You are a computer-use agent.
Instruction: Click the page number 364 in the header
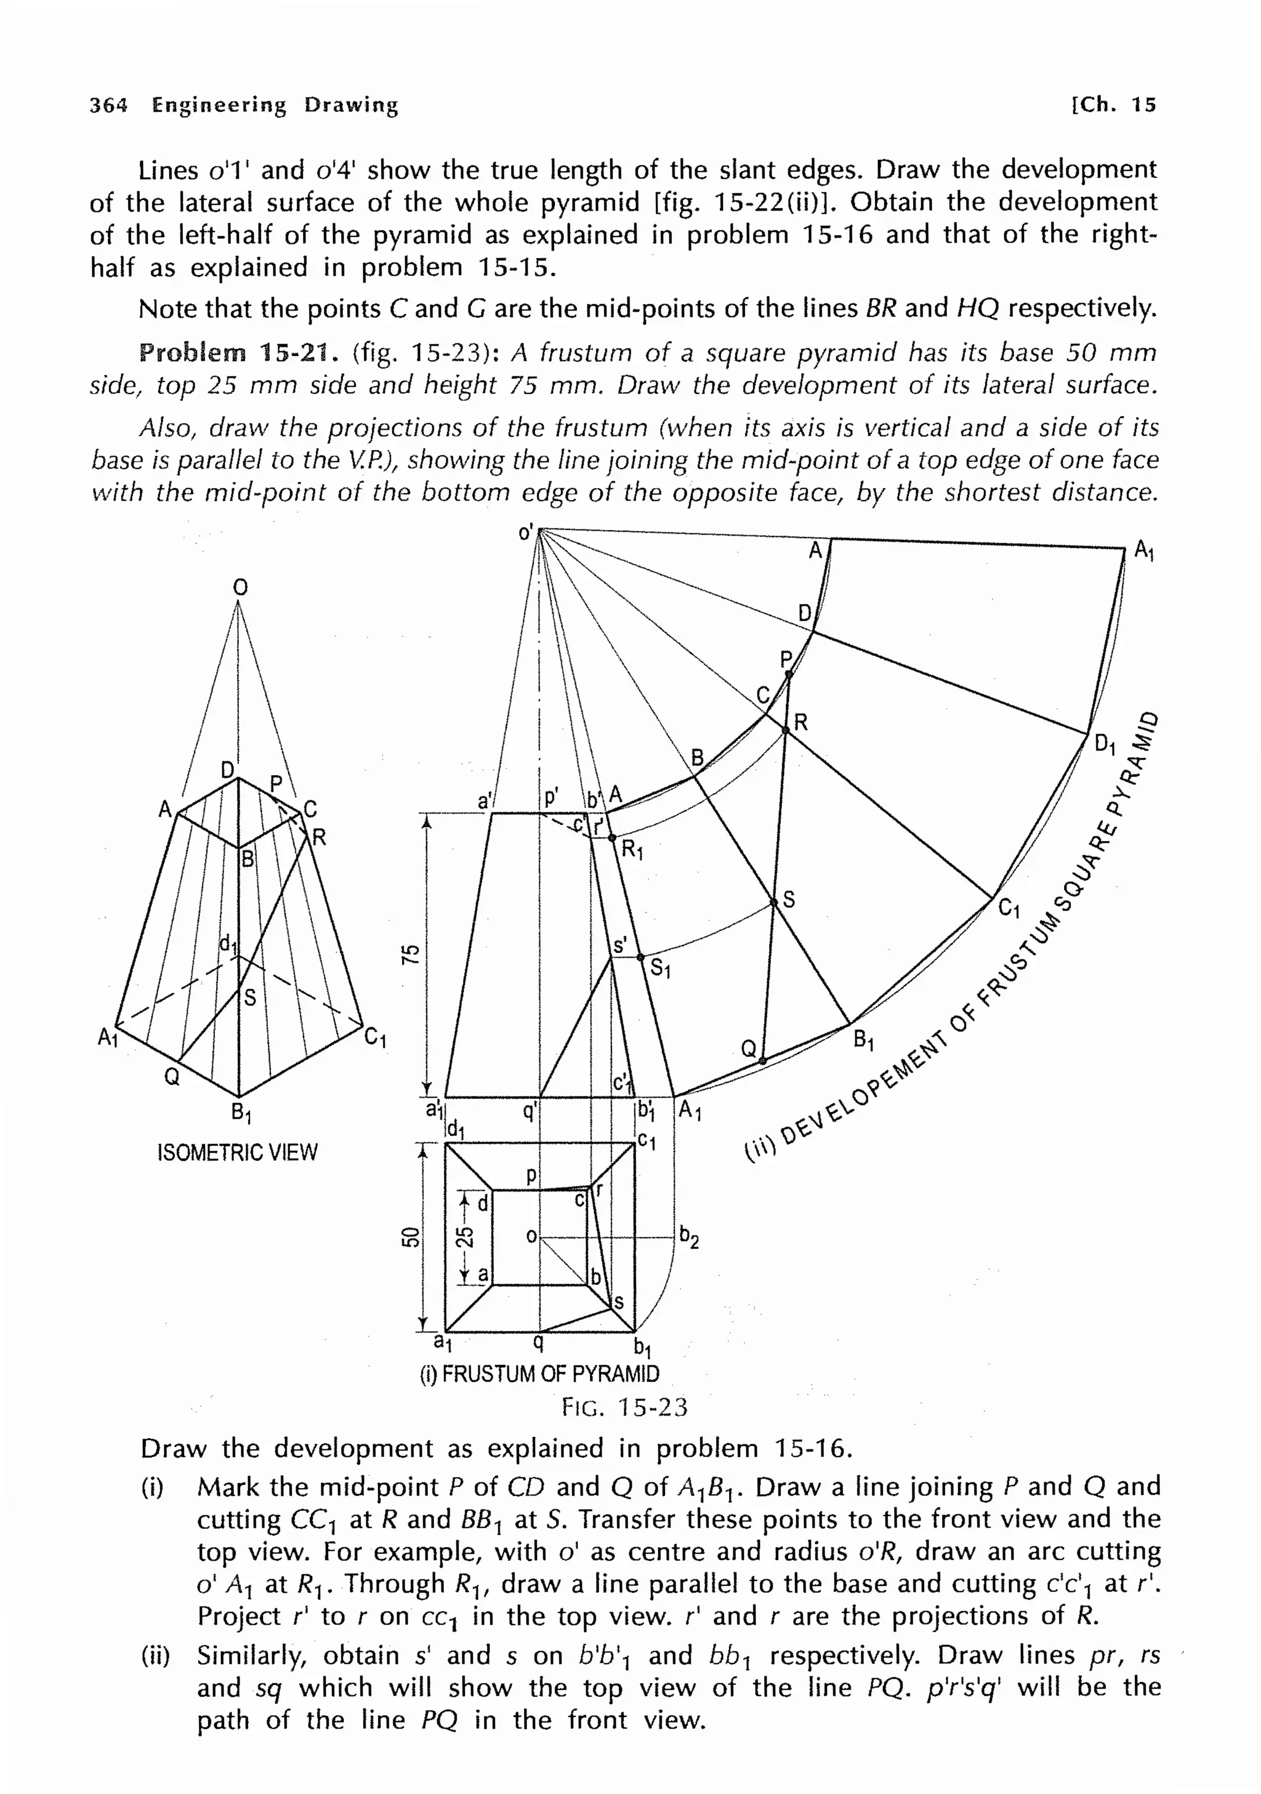coord(108,105)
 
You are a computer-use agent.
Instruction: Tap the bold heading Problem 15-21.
coord(238,353)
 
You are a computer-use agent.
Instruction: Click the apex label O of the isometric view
coord(240,587)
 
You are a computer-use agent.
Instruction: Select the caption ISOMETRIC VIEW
coord(238,1152)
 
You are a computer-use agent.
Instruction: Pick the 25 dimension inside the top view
coord(464,1237)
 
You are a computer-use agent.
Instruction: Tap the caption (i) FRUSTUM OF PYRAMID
coord(540,1374)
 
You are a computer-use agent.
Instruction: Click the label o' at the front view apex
coord(526,534)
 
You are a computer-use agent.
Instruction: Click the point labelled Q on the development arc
coord(762,1060)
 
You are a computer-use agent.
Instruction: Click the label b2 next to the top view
coord(688,1237)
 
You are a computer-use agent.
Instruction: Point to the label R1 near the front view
coord(631,850)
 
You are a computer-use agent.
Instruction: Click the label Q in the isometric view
coord(172,1077)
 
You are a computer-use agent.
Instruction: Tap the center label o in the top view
coord(531,1237)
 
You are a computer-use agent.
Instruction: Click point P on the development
coord(788,674)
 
